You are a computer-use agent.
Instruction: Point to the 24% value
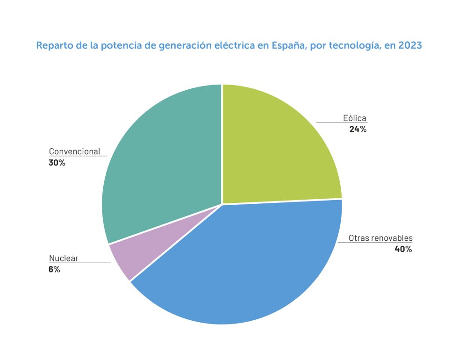(x=358, y=130)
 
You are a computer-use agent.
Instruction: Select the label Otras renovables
(x=380, y=238)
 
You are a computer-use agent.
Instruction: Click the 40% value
(x=403, y=249)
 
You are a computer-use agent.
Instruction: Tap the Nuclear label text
(x=64, y=259)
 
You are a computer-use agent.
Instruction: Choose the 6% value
(x=54, y=270)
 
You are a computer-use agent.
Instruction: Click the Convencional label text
(x=74, y=151)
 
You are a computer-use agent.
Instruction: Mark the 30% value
(x=57, y=163)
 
